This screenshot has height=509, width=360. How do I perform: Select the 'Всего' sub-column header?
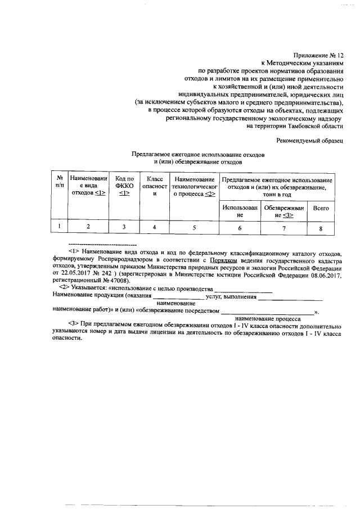click(321, 208)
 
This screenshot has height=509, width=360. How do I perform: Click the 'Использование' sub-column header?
click(240, 211)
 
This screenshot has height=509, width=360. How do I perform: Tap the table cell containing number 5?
click(194, 227)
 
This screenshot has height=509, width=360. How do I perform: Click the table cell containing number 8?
click(321, 228)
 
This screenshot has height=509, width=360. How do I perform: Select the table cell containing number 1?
click(59, 227)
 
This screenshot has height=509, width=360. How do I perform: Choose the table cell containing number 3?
click(124, 227)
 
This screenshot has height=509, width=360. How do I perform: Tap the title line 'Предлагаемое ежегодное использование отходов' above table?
click(197, 154)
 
